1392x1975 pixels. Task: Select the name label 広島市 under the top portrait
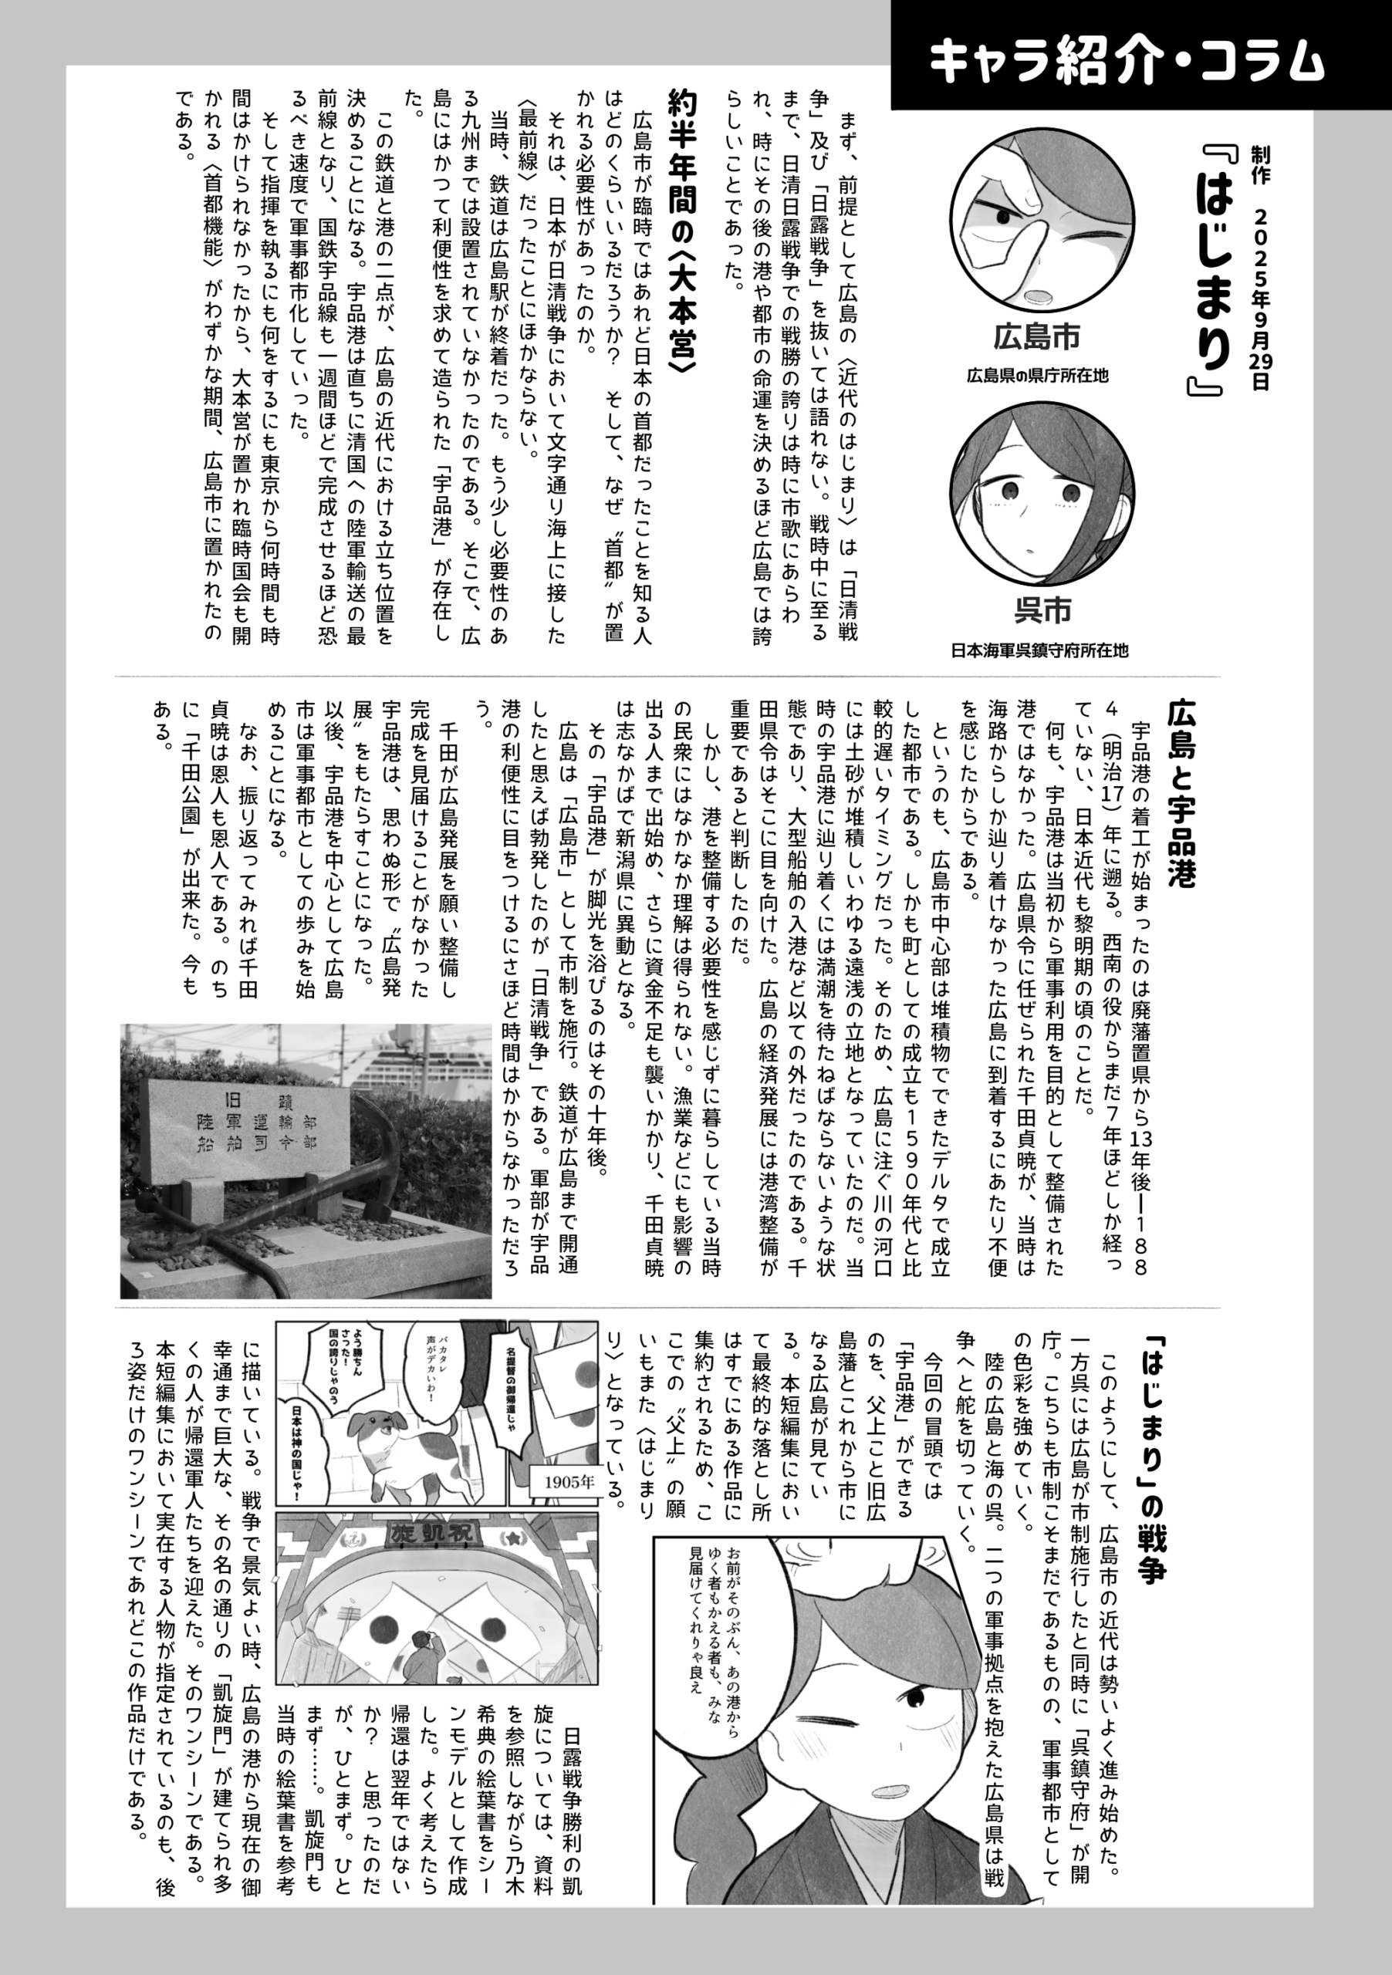(x=1037, y=337)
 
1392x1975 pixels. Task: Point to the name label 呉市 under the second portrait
(x=1042, y=611)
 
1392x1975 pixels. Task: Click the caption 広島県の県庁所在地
(x=1038, y=376)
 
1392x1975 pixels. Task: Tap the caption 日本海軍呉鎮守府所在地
(x=1039, y=650)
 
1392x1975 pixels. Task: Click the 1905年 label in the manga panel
(x=569, y=1481)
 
